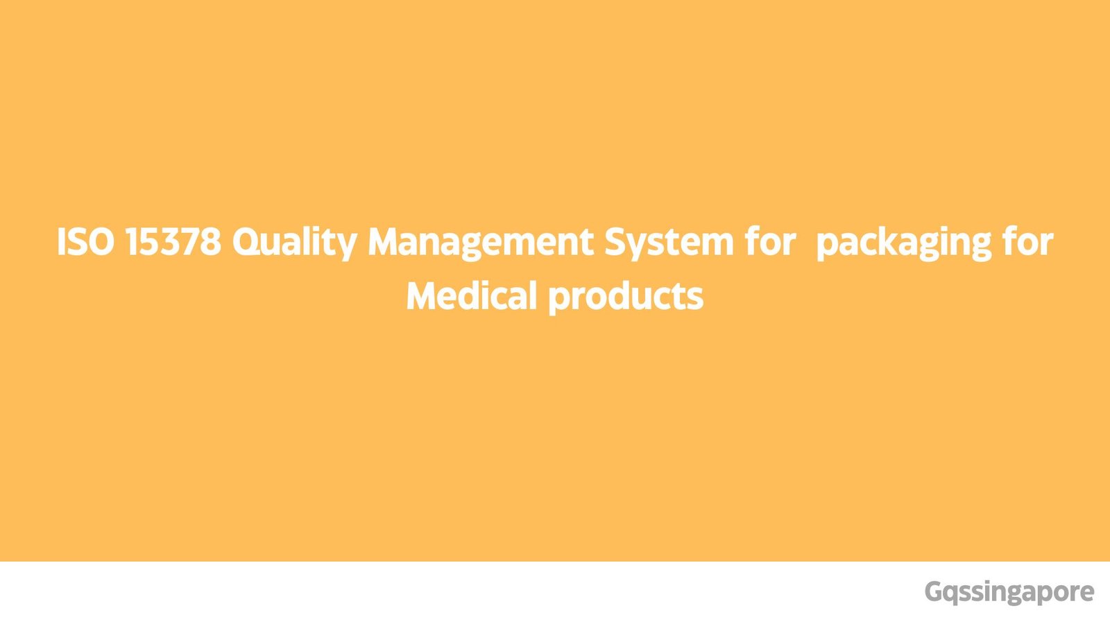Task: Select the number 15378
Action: [173, 242]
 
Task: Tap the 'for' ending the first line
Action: [1028, 242]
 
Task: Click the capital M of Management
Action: [383, 242]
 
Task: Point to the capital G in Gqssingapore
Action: [934, 592]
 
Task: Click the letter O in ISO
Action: [102, 242]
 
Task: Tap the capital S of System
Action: [615, 242]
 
